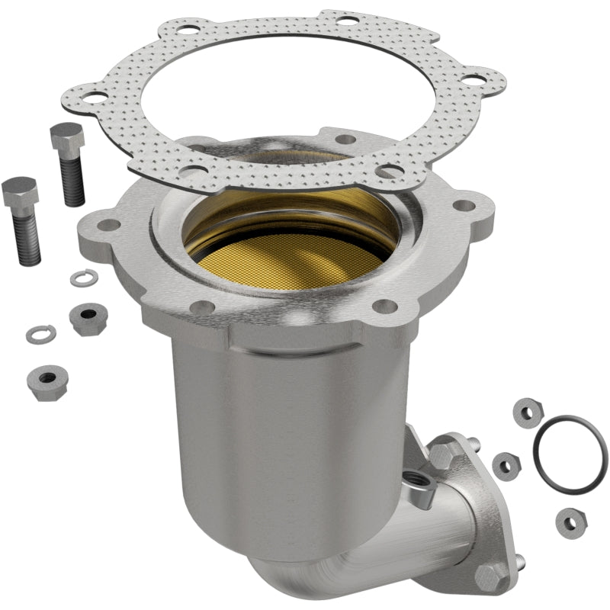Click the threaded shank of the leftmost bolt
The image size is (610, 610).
pyautogui.click(x=28, y=240)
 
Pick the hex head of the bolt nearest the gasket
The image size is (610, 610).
pyautogui.click(x=66, y=137)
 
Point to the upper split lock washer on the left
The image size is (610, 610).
pyautogui.click(x=82, y=279)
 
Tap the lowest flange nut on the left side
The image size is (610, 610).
pyautogui.click(x=47, y=379)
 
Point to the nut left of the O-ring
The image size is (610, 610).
pyautogui.click(x=506, y=463)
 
